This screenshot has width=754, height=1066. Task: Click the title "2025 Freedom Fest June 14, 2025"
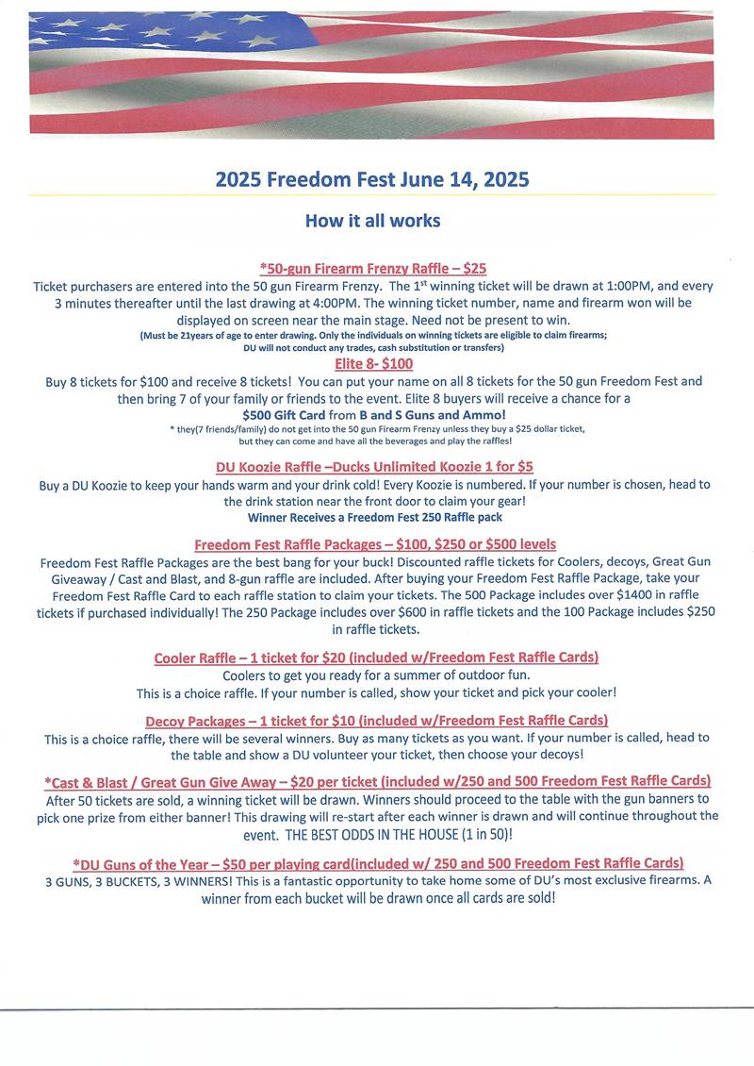(372, 179)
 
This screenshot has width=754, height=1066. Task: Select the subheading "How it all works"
(372, 221)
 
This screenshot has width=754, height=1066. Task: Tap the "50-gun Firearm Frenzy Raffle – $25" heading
(372, 269)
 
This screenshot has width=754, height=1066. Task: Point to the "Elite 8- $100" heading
(373, 363)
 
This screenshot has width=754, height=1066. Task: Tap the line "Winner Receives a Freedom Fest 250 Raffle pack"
(375, 517)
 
